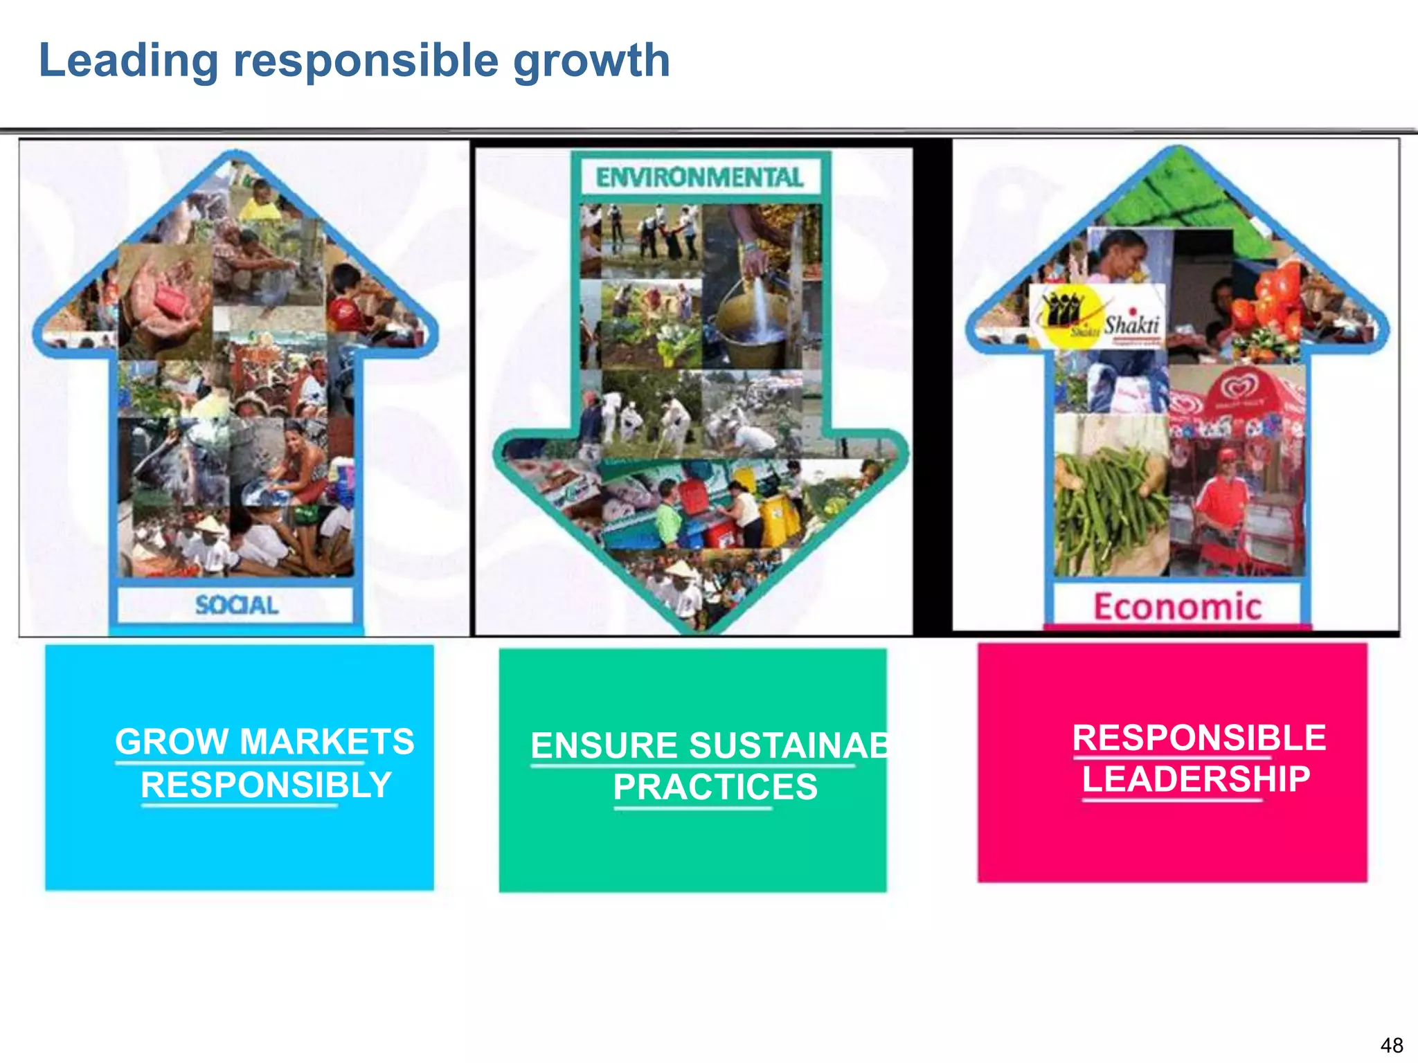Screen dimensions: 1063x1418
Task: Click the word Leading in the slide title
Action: tap(129, 61)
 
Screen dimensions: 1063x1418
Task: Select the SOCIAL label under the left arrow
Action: tap(237, 606)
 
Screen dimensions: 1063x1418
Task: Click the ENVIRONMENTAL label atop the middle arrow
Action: tap(699, 178)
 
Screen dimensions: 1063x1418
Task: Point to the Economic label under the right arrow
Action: tap(1177, 607)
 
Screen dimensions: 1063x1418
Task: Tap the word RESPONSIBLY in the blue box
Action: tap(266, 785)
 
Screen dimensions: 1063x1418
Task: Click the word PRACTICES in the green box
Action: tap(715, 788)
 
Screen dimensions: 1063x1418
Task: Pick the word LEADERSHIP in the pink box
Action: tap(1196, 779)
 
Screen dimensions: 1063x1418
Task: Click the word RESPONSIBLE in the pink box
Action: tap(1199, 738)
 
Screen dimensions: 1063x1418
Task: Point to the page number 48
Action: tap(1391, 1045)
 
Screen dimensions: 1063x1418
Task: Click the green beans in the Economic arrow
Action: tap(1108, 505)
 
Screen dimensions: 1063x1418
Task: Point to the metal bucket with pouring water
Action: tap(751, 311)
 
